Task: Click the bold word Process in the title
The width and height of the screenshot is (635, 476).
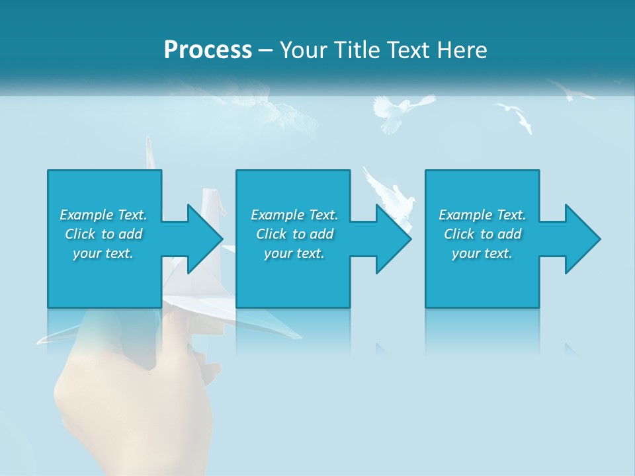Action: pos(208,50)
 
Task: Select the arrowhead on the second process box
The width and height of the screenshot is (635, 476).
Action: pos(392,239)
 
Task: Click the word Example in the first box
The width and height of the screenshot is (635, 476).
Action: pos(86,215)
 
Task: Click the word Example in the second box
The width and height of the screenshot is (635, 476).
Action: pos(277,215)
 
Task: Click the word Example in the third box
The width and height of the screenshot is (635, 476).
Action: pos(465,215)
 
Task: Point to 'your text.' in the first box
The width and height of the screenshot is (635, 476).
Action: pos(103,253)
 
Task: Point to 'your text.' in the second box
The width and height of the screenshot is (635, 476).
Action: pos(294,253)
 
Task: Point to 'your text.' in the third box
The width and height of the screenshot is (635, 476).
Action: pos(482,253)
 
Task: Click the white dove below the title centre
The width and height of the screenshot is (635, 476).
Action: pos(397,111)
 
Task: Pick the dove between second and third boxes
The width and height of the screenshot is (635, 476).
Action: pos(390,195)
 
